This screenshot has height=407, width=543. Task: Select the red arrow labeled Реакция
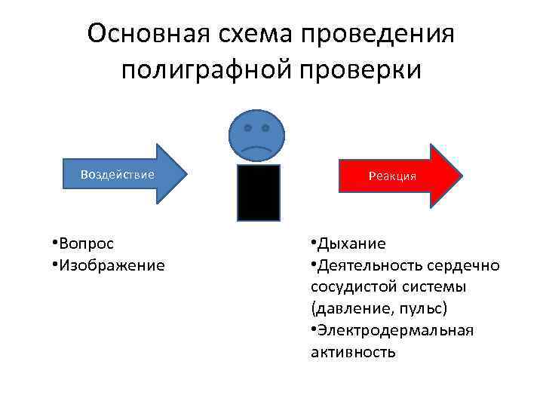[x=400, y=176]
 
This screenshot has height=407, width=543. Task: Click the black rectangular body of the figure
[x=259, y=192]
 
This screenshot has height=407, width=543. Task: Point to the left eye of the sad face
[x=248, y=128]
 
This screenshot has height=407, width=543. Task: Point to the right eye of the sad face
[x=266, y=128]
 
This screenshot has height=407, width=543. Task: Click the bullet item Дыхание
[x=351, y=243]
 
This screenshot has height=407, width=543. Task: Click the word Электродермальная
[x=395, y=331]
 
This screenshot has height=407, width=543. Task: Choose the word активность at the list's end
[x=352, y=352]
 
